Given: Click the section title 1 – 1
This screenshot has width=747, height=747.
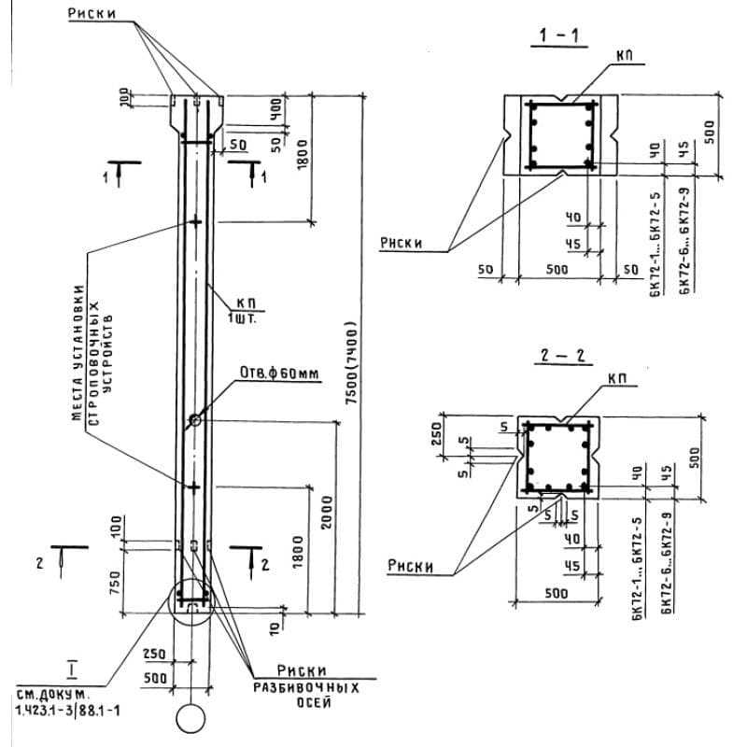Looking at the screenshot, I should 558,37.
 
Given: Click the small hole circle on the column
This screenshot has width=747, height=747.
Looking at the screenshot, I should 194,421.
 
